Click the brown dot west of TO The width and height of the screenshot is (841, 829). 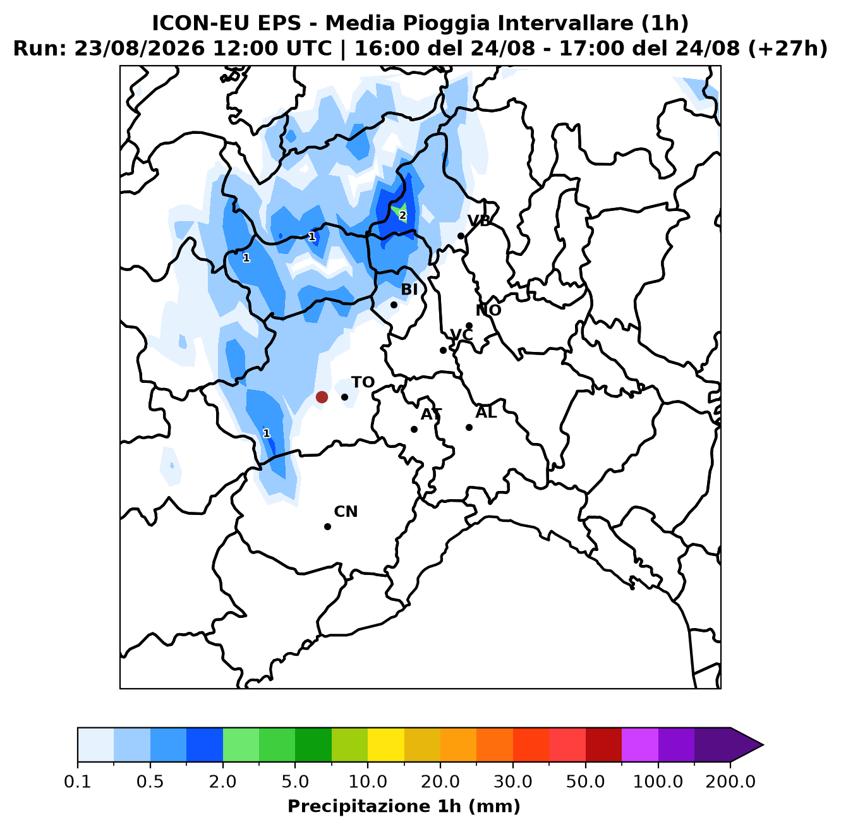tap(322, 397)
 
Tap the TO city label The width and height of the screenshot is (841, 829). tap(363, 382)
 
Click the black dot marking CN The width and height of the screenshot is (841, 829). tap(327, 526)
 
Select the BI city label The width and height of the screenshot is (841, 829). tap(409, 289)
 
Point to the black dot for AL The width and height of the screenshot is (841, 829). tap(469, 427)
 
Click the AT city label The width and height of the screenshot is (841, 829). tap(431, 414)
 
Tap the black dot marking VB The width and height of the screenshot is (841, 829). tap(461, 236)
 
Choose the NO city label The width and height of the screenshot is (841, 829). tap(488, 310)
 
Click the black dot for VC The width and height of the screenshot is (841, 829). tap(443, 350)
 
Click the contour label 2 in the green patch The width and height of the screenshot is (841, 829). tap(402, 215)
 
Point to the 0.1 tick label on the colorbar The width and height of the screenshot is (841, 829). tap(78, 782)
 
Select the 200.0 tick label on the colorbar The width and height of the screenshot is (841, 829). tap(730, 782)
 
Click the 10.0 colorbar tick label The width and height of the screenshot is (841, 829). tap(368, 782)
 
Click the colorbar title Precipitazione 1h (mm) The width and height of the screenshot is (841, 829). tap(404, 806)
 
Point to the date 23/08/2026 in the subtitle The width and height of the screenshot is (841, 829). tap(139, 49)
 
